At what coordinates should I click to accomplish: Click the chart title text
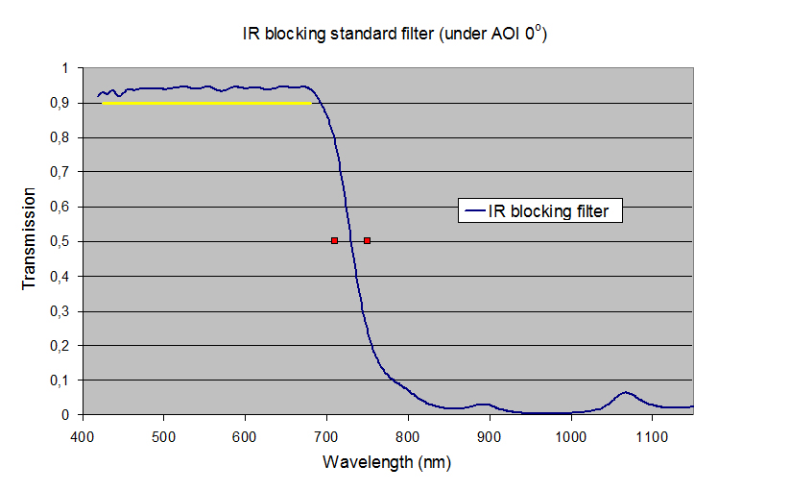tap(395, 34)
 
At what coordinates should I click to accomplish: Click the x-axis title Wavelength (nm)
tap(387, 461)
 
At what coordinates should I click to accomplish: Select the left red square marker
tap(334, 240)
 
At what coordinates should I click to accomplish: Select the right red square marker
tap(367, 240)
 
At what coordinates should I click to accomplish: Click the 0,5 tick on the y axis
tap(62, 241)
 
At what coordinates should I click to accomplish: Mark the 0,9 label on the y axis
tap(62, 103)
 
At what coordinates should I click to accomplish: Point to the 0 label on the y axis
tap(66, 415)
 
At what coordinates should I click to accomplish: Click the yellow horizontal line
tap(206, 102)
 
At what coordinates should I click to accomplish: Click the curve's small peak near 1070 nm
tap(626, 392)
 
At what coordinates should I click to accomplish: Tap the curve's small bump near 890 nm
tap(484, 405)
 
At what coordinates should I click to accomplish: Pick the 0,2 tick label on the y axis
tap(62, 345)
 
